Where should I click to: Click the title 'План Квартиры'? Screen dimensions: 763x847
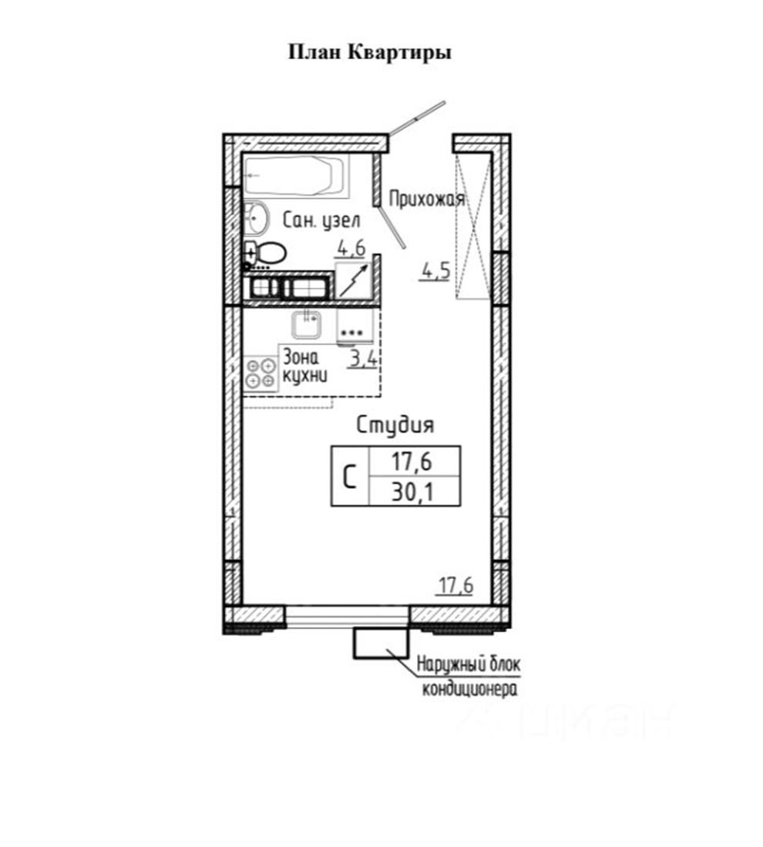click(x=370, y=53)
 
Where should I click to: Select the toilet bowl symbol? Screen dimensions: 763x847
click(x=266, y=253)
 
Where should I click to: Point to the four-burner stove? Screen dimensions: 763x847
click(x=260, y=373)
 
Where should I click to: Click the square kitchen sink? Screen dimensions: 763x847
click(x=308, y=325)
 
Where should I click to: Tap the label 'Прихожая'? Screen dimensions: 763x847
click(x=427, y=199)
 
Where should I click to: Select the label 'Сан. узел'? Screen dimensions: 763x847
click(x=321, y=220)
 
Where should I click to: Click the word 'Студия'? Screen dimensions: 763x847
click(x=395, y=425)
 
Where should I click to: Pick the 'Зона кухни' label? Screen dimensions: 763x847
click(x=305, y=367)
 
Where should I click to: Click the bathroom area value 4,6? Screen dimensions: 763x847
click(x=351, y=249)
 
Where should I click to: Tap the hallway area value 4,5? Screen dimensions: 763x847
click(x=436, y=271)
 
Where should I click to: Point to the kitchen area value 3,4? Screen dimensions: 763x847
click(x=363, y=359)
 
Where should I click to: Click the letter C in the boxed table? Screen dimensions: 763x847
click(x=350, y=477)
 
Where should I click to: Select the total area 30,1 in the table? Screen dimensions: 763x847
click(x=412, y=493)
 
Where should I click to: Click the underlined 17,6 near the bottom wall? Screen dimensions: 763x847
click(x=455, y=585)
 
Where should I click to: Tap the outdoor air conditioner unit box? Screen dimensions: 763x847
click(x=381, y=644)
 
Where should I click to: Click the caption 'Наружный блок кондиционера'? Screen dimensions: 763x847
click(x=469, y=676)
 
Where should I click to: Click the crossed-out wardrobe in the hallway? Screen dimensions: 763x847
click(x=473, y=226)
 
